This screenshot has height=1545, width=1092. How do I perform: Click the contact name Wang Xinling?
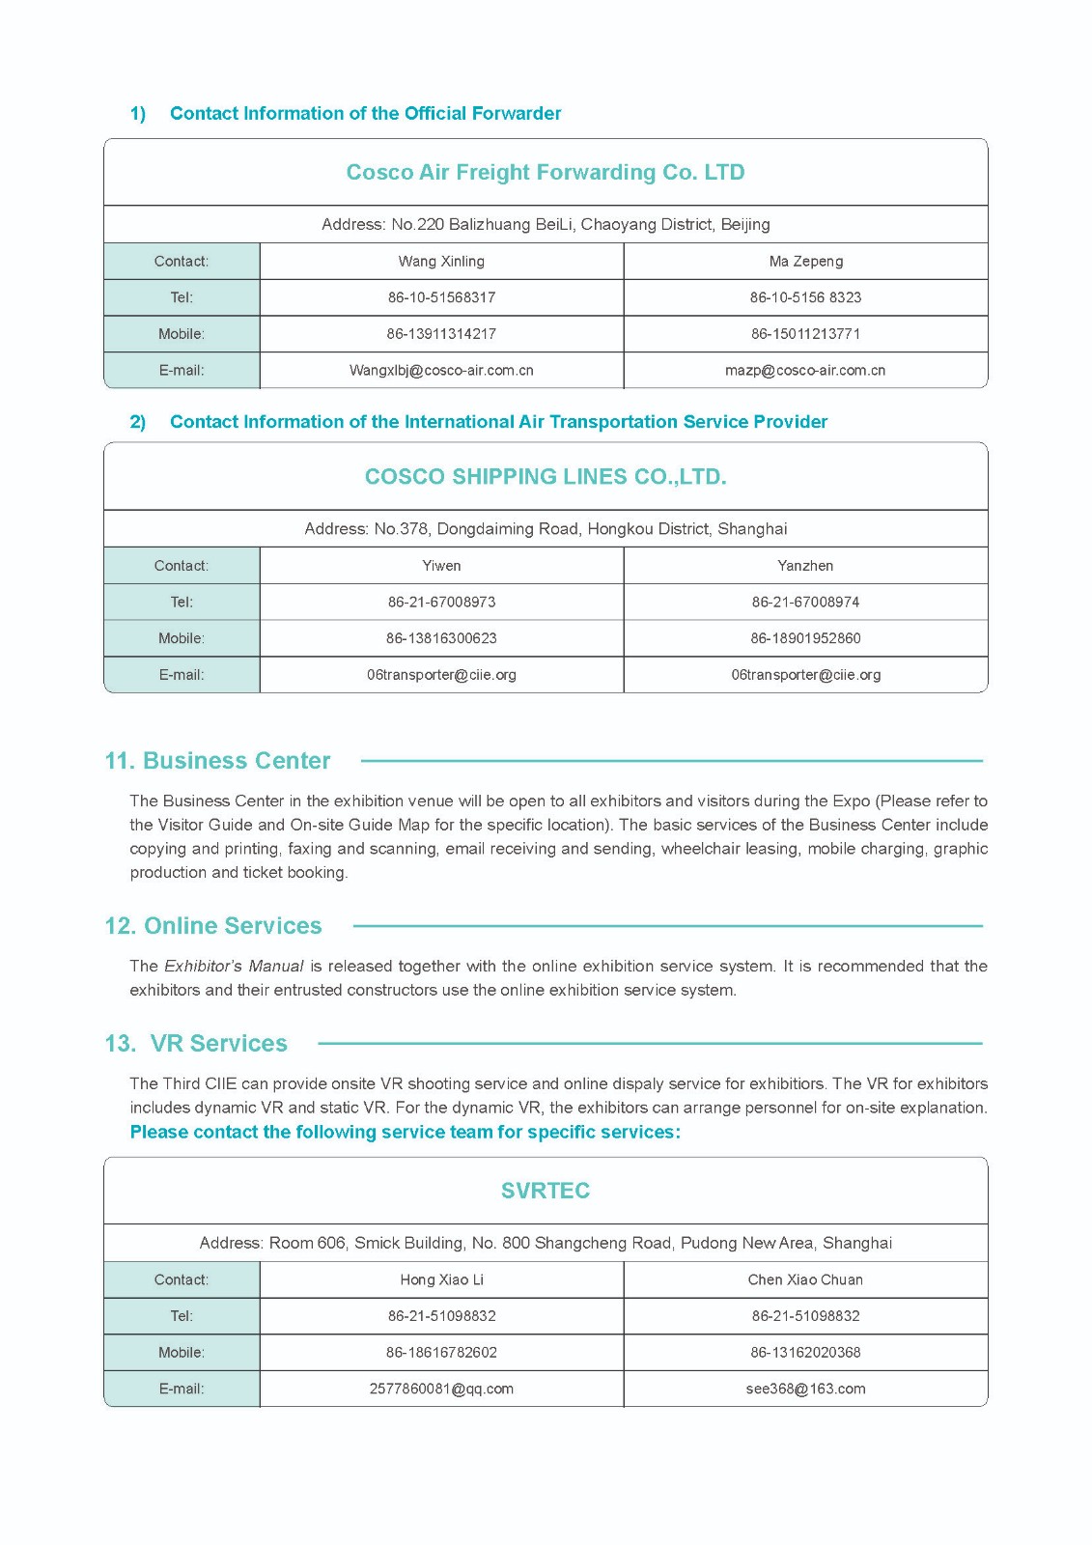tap(441, 262)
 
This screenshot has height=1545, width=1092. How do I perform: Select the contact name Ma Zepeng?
tap(806, 262)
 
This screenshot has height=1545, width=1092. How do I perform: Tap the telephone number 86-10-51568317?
tap(441, 297)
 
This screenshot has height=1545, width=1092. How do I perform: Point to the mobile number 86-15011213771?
tap(806, 334)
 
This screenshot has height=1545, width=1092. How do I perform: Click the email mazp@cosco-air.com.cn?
tap(805, 371)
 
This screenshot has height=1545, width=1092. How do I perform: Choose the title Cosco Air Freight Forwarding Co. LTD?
tap(546, 173)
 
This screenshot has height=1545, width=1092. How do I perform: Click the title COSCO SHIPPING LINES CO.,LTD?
tap(546, 477)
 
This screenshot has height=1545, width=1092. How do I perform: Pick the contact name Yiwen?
tap(441, 566)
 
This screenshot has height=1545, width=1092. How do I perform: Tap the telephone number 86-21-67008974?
tap(806, 603)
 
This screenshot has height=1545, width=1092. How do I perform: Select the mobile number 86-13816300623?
tap(441, 638)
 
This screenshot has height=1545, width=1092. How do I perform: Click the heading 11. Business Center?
tap(217, 761)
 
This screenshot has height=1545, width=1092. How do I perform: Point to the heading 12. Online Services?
tap(213, 926)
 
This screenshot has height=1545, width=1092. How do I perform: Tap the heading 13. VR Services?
tap(196, 1044)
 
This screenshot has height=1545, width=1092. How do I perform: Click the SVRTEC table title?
tap(546, 1191)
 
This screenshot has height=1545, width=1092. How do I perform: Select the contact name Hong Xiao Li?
tap(441, 1280)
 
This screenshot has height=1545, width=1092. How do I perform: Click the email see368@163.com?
tap(806, 1390)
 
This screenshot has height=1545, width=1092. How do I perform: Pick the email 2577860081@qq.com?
tap(441, 1390)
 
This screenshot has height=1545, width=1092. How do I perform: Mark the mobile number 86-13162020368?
tap(806, 1353)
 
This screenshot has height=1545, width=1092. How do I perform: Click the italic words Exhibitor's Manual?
tap(234, 967)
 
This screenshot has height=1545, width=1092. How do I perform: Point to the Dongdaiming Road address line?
tap(546, 529)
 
